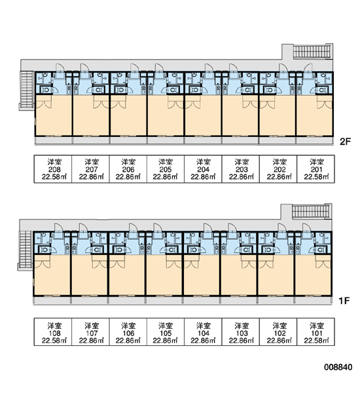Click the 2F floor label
click(x=345, y=142)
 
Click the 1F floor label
click(x=344, y=301)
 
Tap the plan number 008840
click(x=338, y=367)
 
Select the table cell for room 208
click(x=53, y=169)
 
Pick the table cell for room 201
click(x=315, y=169)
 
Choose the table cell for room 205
click(x=166, y=169)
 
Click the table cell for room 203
click(x=241, y=169)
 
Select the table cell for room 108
click(x=53, y=332)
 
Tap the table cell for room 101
click(x=315, y=332)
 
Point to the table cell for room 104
click(x=203, y=332)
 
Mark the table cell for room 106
click(x=128, y=332)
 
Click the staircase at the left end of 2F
click(x=27, y=90)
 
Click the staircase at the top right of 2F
click(x=312, y=51)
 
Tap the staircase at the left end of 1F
click(x=25, y=250)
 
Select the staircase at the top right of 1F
click(x=310, y=212)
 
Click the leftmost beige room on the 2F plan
click(x=54, y=115)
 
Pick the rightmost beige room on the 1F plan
click(x=313, y=275)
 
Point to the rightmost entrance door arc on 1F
click(x=307, y=227)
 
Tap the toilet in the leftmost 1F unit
click(x=45, y=250)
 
